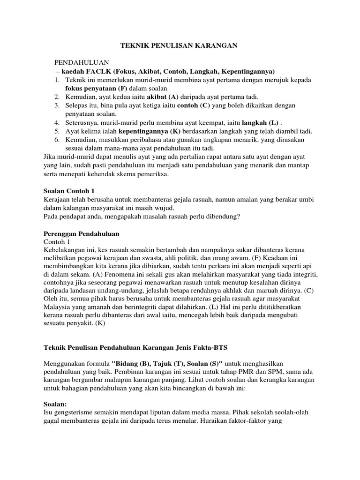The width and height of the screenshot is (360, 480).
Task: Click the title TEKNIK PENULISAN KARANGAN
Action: [180, 45]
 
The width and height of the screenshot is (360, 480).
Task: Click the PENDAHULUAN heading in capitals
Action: [82, 62]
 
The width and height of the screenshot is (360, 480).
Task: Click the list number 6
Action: [56, 139]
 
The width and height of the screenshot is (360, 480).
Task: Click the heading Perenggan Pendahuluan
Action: [81, 233]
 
